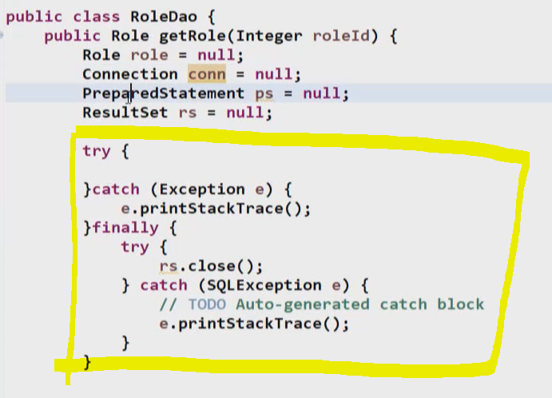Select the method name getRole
(193, 36)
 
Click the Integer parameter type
(276, 36)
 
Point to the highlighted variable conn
(207, 74)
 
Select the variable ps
(264, 94)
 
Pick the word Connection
(130, 74)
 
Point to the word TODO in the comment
(207, 304)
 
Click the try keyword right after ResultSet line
(97, 151)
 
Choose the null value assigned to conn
(275, 74)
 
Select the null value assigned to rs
(246, 113)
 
